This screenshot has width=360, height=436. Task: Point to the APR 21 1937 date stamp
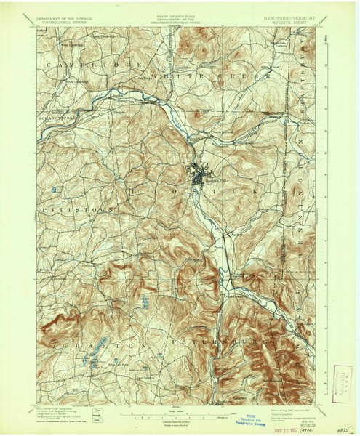(285, 399)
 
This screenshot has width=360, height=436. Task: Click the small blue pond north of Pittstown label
(53, 191)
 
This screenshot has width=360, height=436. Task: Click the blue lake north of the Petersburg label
(146, 304)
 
